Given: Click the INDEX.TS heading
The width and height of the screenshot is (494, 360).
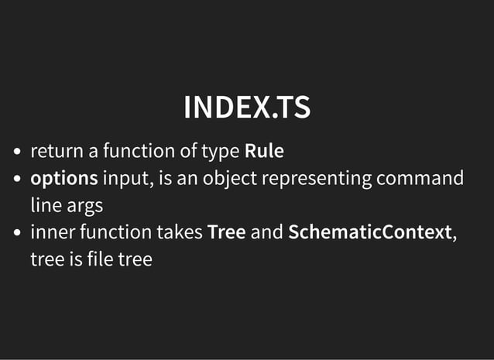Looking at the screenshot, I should click(247, 108).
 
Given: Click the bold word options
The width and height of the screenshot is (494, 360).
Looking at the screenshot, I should click(63, 180).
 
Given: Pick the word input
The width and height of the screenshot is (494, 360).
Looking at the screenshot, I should click(127, 180).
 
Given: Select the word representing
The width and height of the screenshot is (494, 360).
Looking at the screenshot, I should click(317, 180).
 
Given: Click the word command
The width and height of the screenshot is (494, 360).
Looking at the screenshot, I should click(420, 179).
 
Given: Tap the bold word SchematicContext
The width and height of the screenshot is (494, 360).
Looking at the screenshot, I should click(369, 232).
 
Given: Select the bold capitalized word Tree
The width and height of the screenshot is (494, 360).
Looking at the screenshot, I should click(226, 232).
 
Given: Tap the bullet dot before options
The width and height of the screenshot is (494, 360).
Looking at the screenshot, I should click(18, 180).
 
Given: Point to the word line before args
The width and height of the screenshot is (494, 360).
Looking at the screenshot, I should click(43, 206).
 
